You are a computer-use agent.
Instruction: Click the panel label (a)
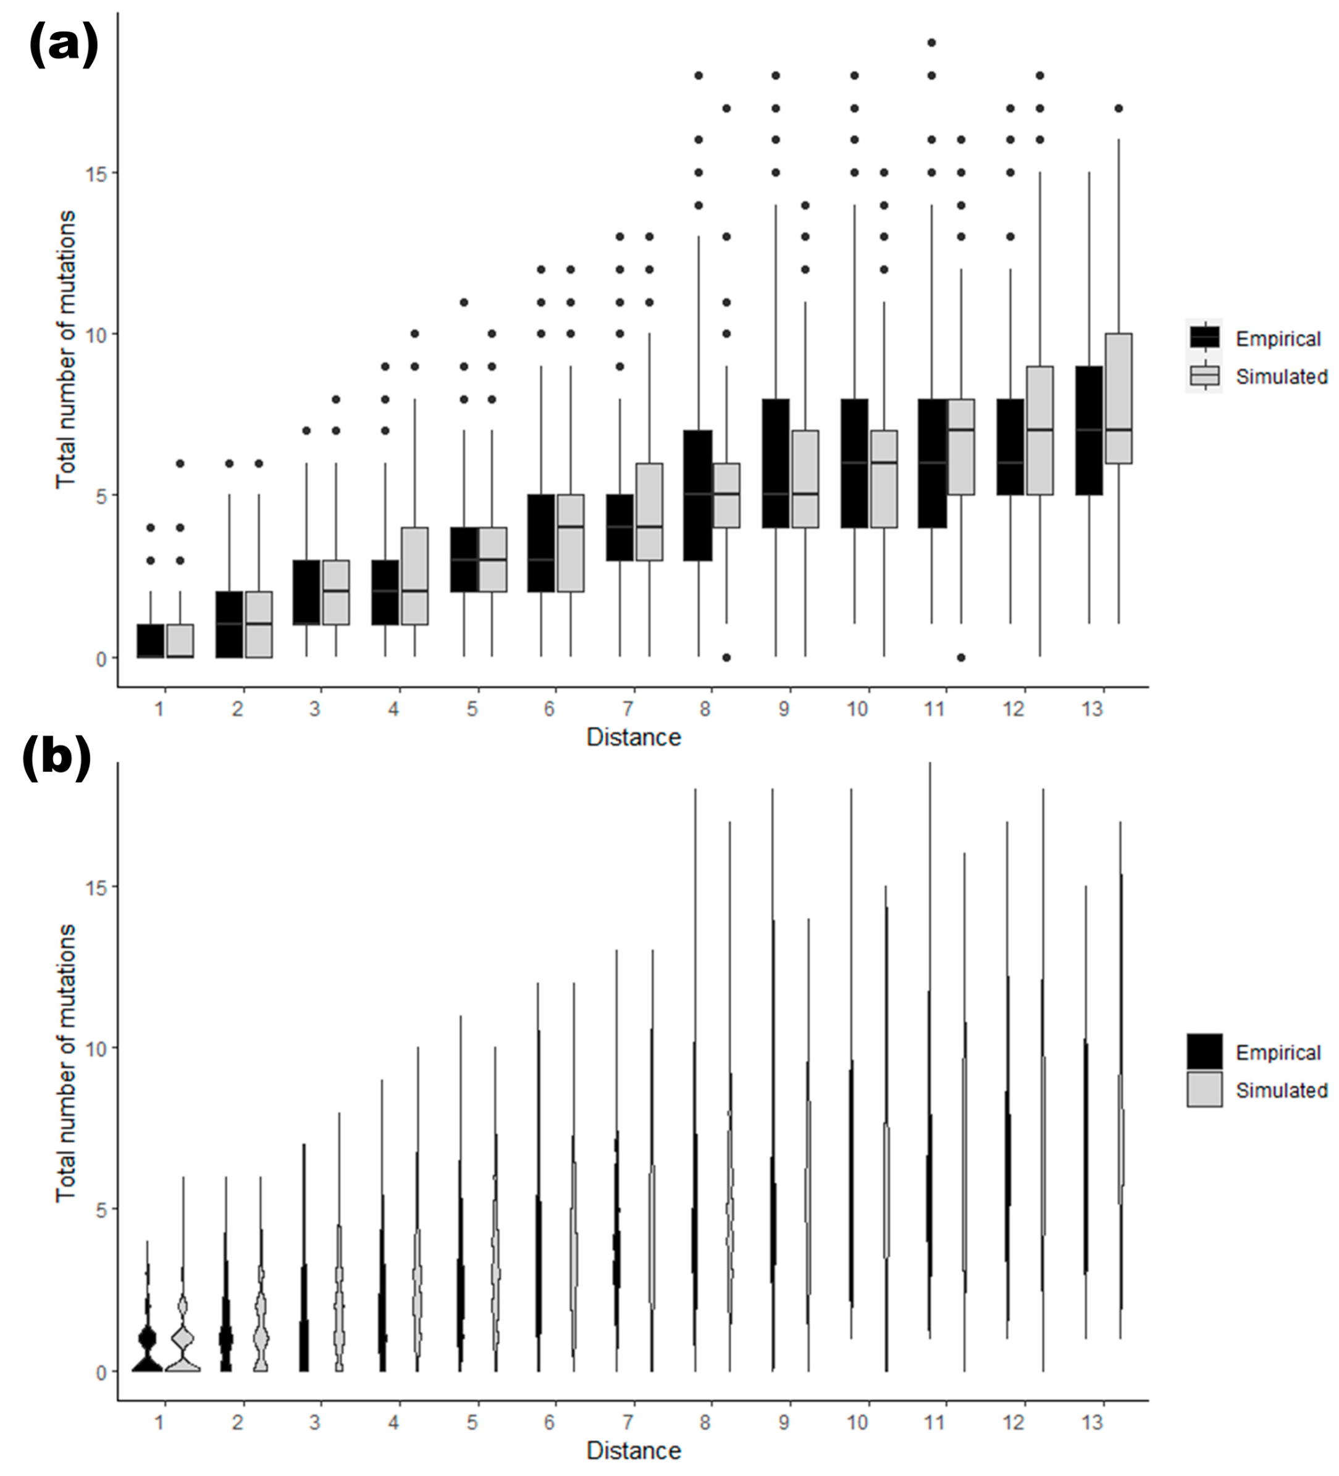(x=63, y=46)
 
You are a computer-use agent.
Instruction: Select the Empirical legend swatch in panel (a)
(x=1204, y=337)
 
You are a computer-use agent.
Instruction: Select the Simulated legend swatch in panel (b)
(x=1204, y=1089)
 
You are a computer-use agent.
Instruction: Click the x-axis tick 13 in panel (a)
(x=1091, y=709)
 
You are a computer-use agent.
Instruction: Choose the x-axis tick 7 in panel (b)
(x=628, y=1422)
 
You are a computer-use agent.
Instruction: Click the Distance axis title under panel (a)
(x=633, y=737)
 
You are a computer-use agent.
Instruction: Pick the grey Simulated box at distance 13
(x=1118, y=399)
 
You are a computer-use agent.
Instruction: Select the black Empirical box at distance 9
(x=775, y=463)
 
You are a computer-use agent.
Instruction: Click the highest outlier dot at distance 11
(x=931, y=43)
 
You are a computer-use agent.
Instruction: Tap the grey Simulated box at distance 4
(x=414, y=576)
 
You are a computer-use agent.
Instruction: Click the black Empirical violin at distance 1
(x=147, y=1354)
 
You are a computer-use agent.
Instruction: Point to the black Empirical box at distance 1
(x=151, y=640)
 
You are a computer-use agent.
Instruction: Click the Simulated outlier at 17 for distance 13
(x=1118, y=108)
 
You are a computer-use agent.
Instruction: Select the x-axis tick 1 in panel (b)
(x=159, y=1422)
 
